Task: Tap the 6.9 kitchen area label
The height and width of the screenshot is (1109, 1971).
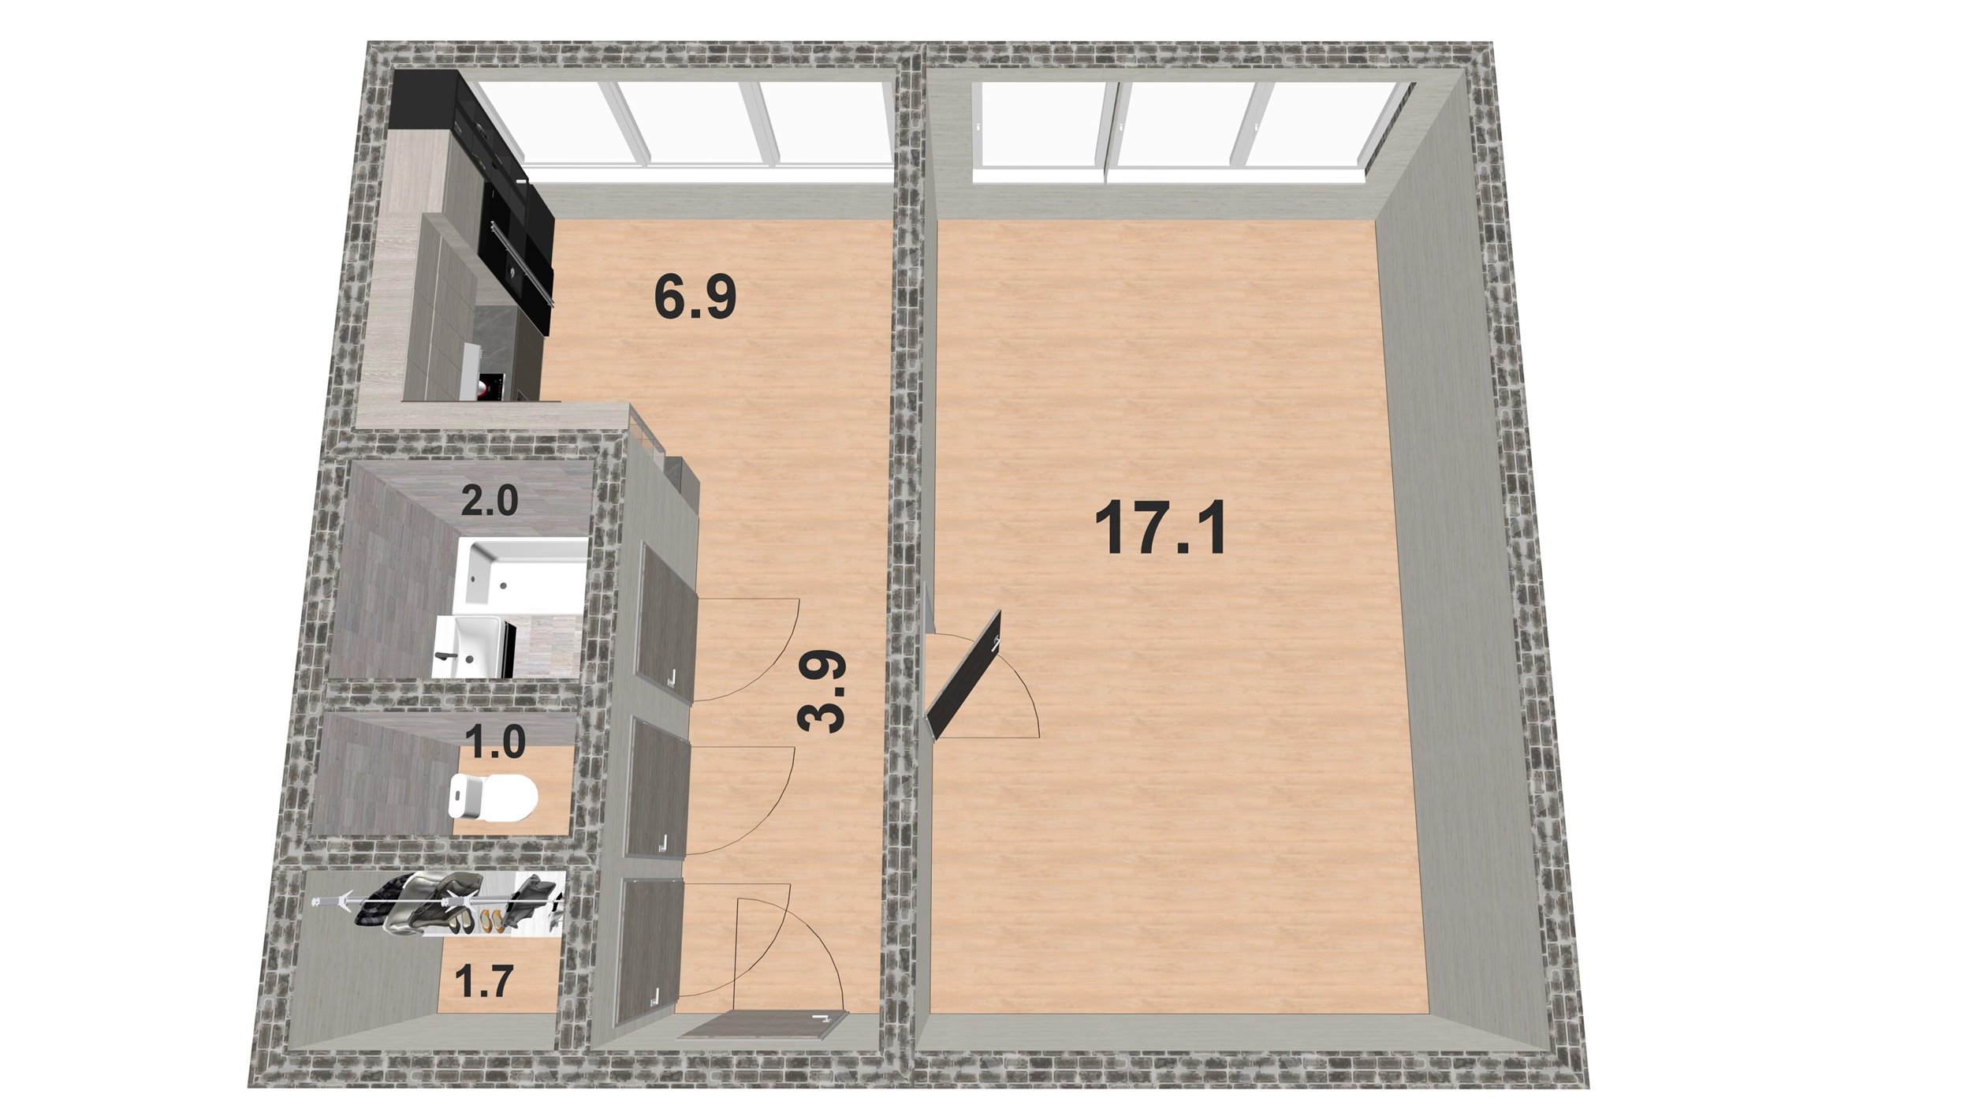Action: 695,299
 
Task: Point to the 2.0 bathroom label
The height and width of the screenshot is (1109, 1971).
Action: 489,501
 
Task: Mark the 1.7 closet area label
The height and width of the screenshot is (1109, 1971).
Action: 484,982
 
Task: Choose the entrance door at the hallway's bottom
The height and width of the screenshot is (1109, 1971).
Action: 761,1026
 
